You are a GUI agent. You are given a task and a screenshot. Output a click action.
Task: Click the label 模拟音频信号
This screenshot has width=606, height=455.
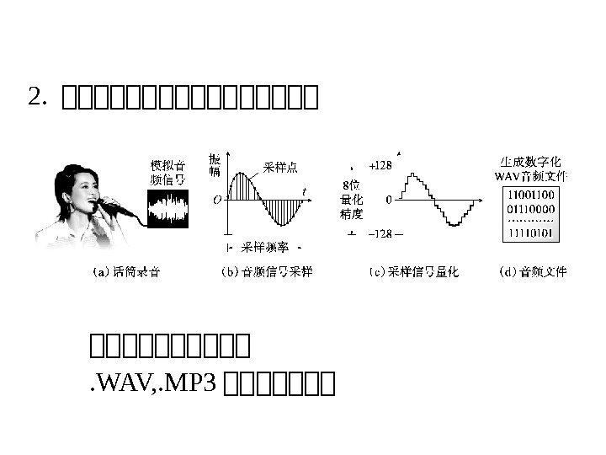168,172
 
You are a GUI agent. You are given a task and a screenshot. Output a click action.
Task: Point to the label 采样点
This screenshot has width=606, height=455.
279,167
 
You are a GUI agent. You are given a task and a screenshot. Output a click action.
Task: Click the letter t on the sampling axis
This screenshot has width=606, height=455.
304,191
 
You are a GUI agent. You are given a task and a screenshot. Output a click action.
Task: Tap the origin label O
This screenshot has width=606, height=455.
217,201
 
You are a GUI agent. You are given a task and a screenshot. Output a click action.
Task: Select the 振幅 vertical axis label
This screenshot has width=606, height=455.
215,165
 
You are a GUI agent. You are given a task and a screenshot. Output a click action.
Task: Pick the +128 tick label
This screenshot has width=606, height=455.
380,166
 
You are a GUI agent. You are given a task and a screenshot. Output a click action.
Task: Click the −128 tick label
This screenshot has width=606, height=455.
385,233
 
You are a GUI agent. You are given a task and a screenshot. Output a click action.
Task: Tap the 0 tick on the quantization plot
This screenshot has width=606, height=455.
388,200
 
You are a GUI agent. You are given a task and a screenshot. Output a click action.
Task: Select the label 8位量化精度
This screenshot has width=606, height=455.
352,200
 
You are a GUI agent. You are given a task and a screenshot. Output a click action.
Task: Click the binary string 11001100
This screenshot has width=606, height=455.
531,195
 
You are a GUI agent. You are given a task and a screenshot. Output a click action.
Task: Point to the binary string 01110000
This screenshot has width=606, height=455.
531,208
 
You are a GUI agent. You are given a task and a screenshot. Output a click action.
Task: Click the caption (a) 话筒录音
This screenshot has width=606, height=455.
125,272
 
